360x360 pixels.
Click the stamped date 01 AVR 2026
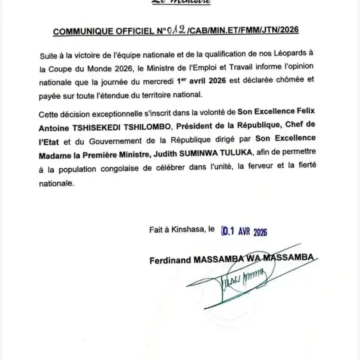click(x=248, y=231)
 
